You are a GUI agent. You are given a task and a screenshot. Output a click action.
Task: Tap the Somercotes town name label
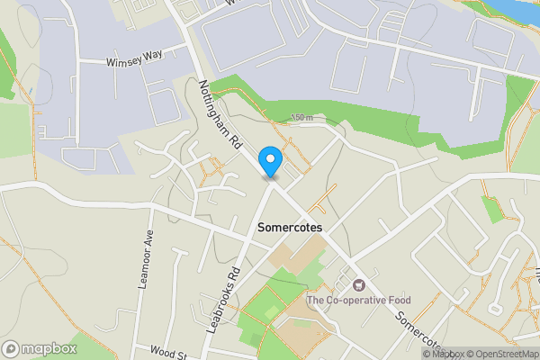(290, 228)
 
